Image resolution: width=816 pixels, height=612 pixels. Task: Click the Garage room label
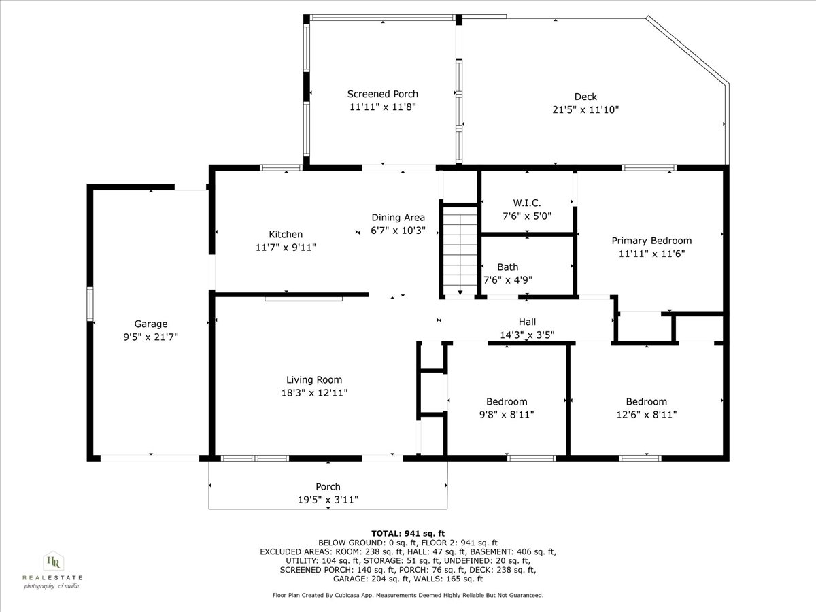(x=150, y=324)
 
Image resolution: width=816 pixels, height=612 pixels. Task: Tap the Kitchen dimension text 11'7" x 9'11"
(x=285, y=248)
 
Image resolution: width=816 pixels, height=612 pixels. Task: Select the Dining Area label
(x=398, y=218)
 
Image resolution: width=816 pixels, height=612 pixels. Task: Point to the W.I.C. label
(x=526, y=203)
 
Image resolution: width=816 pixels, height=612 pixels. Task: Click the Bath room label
(x=507, y=267)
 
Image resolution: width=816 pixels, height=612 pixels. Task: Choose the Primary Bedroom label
(x=651, y=241)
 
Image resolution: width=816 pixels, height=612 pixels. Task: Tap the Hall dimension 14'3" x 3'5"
(x=527, y=335)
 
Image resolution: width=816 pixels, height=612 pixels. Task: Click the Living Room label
(x=313, y=380)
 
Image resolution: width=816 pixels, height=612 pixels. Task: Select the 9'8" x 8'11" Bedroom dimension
(x=507, y=414)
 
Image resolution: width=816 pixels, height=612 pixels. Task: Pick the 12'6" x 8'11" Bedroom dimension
(x=646, y=414)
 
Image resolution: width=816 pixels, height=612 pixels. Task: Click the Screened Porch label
(x=382, y=94)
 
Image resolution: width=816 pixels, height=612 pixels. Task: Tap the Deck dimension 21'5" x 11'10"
(x=585, y=109)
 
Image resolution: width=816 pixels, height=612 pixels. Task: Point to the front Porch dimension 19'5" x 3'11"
(x=328, y=500)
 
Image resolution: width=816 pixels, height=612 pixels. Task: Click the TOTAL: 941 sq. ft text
(x=408, y=533)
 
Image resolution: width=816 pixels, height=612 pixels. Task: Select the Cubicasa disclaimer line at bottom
(x=408, y=595)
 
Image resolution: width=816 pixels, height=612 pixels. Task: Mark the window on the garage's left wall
(x=90, y=304)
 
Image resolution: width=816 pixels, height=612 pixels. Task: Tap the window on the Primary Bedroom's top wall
(x=649, y=167)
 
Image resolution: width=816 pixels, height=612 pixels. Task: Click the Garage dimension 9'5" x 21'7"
(x=150, y=337)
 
